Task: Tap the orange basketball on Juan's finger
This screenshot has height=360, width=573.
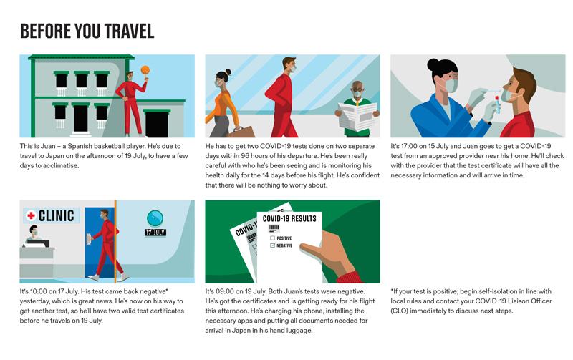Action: click(145, 69)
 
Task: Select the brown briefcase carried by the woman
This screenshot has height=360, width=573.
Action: click(241, 132)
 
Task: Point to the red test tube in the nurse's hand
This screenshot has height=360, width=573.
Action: click(497, 104)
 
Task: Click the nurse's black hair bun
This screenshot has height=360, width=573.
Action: click(433, 65)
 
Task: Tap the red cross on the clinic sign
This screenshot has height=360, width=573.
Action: click(31, 215)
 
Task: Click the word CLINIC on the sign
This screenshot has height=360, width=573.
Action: click(57, 215)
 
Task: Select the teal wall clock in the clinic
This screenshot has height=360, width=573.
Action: click(155, 218)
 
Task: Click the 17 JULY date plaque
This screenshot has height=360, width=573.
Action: click(155, 233)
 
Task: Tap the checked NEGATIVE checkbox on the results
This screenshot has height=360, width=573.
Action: click(272, 245)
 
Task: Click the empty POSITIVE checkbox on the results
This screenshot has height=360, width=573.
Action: click(272, 238)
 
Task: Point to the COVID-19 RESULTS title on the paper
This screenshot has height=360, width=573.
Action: click(289, 219)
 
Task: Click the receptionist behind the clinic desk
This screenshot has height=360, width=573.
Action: click(33, 235)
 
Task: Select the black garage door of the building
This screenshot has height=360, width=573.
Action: click(157, 125)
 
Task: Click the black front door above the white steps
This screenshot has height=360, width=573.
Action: click(80, 118)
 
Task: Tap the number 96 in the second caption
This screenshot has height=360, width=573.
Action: click(245, 156)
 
